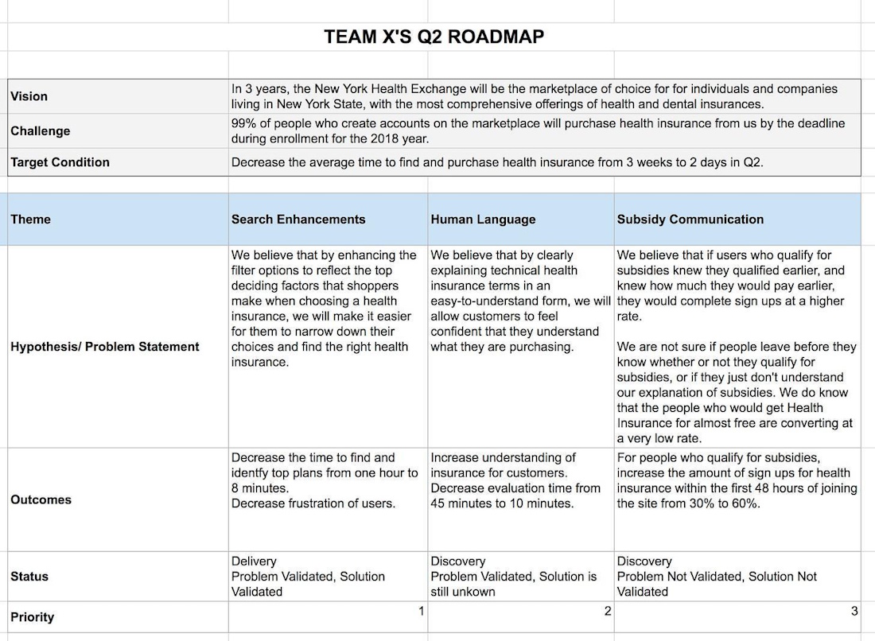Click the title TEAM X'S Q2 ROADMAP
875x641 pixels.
tap(434, 37)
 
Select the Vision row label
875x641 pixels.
tap(29, 96)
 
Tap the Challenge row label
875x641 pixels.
tap(41, 130)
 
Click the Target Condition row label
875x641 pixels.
tap(60, 162)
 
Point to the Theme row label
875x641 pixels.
tap(30, 219)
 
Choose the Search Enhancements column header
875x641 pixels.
tap(298, 219)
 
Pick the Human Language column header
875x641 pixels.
tap(483, 219)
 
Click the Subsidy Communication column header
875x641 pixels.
tap(690, 219)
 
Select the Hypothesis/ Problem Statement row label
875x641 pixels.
tap(105, 347)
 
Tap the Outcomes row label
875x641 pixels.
tap(41, 499)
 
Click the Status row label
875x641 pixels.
tap(29, 577)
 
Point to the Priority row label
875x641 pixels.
tap(33, 617)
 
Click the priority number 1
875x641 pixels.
tap(421, 611)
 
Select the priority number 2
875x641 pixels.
tap(608, 611)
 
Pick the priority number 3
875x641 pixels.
tap(854, 611)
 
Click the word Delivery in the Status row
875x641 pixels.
tap(254, 561)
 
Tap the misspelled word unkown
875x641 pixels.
tap(480, 592)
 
